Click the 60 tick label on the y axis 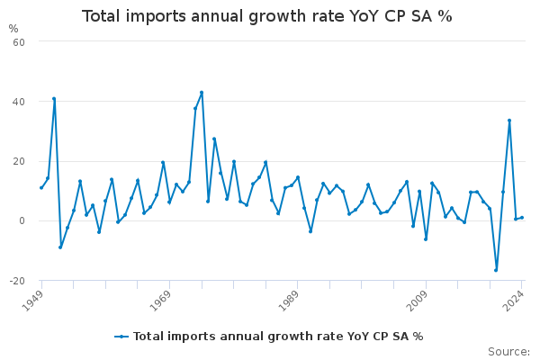[18, 41]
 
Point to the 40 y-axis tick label [18, 102]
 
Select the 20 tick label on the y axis [18, 161]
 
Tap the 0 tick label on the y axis [21, 220]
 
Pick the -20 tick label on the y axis [16, 281]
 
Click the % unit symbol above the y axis [13, 28]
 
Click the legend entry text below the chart [278, 337]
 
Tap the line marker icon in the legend [122, 337]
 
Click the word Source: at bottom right [508, 351]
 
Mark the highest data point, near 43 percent [202, 93]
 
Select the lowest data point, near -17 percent [496, 270]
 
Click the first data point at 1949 [41, 187]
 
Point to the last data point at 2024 [522, 217]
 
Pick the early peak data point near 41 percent [54, 99]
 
